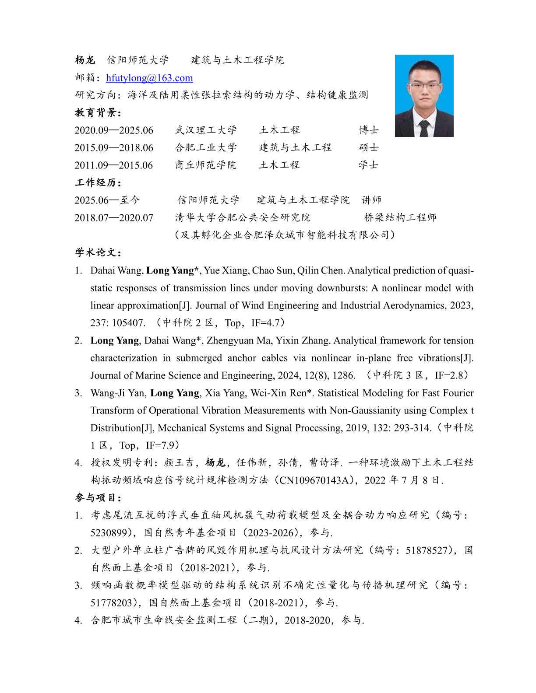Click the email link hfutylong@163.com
(x=149, y=78)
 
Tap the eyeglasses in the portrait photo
(x=424, y=85)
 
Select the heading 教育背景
(x=98, y=112)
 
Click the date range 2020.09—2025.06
(x=114, y=130)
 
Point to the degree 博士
(x=369, y=130)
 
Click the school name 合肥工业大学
(x=206, y=147)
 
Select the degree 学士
(x=369, y=165)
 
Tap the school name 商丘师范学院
(x=206, y=165)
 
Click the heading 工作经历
(x=98, y=182)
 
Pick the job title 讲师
(x=371, y=200)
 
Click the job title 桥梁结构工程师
(x=400, y=217)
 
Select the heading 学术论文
(x=98, y=252)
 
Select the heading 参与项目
(x=98, y=497)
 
